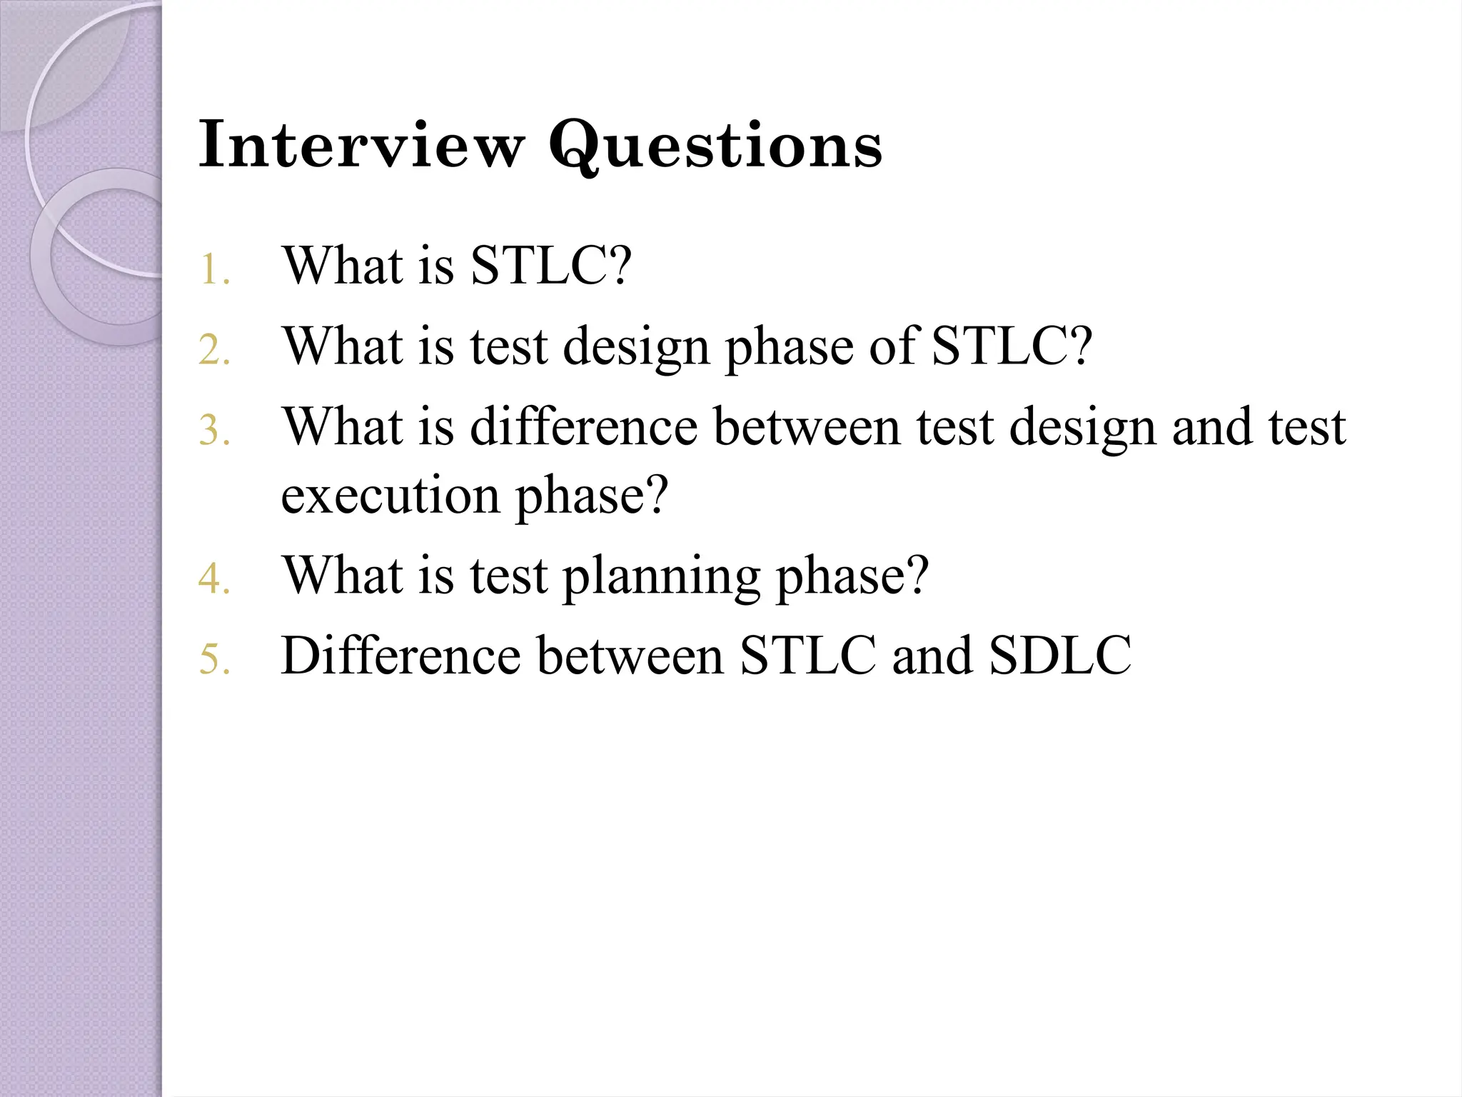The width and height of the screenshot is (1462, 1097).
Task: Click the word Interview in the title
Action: pos(361,144)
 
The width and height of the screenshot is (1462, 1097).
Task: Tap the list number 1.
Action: pos(213,271)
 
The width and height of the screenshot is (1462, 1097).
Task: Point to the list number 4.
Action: pos(213,579)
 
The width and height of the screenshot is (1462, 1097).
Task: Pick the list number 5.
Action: pos(213,659)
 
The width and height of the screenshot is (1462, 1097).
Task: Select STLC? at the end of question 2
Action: pos(1012,346)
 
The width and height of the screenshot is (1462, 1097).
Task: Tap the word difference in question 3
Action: pos(583,426)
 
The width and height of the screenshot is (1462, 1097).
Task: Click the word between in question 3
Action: pos(807,426)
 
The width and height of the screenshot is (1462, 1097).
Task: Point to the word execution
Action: pos(390,496)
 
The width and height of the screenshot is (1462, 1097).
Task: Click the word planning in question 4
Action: pos(661,577)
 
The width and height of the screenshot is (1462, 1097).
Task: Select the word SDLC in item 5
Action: pos(1060,655)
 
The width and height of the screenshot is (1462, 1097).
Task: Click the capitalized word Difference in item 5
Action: pos(400,655)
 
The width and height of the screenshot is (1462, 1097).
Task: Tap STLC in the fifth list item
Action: pos(807,655)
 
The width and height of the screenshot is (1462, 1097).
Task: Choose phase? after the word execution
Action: pos(592,496)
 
